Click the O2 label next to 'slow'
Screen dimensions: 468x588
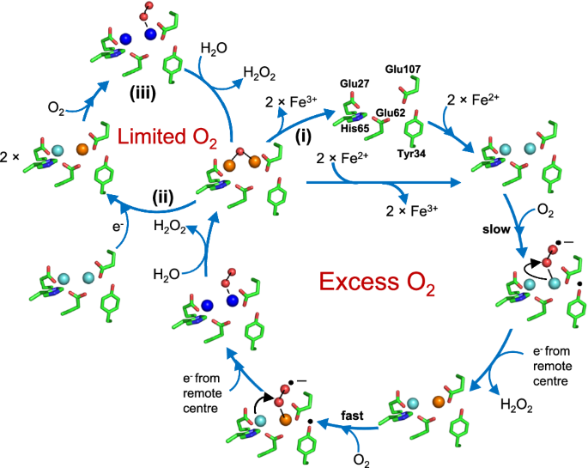click(x=545, y=210)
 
